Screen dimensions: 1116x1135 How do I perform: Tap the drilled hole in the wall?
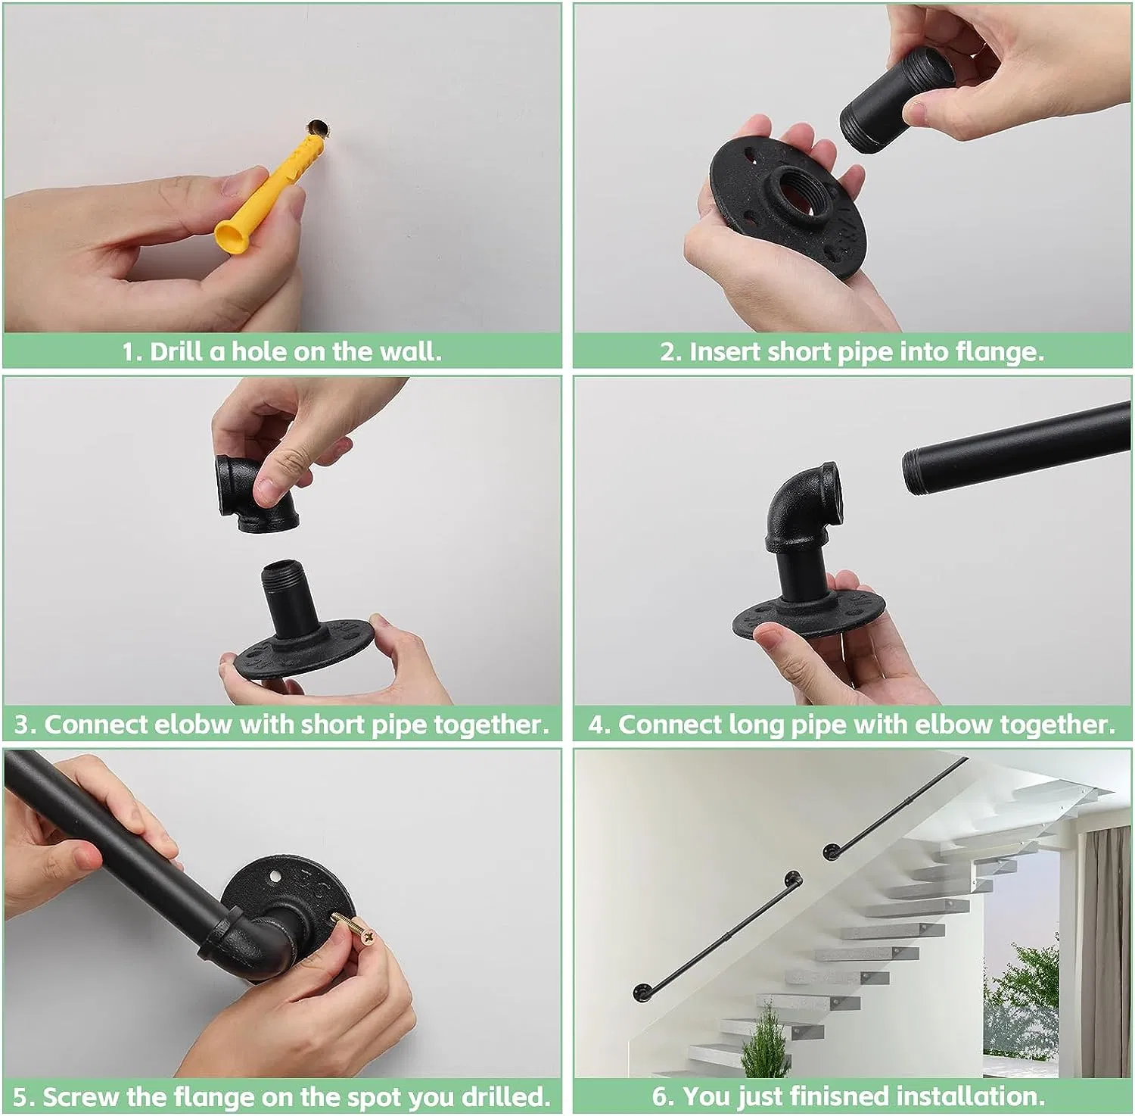[x=317, y=127]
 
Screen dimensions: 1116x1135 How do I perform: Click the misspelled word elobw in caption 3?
[x=193, y=725]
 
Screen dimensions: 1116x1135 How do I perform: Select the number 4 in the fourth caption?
[x=598, y=725]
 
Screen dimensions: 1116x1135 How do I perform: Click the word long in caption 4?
[x=757, y=725]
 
